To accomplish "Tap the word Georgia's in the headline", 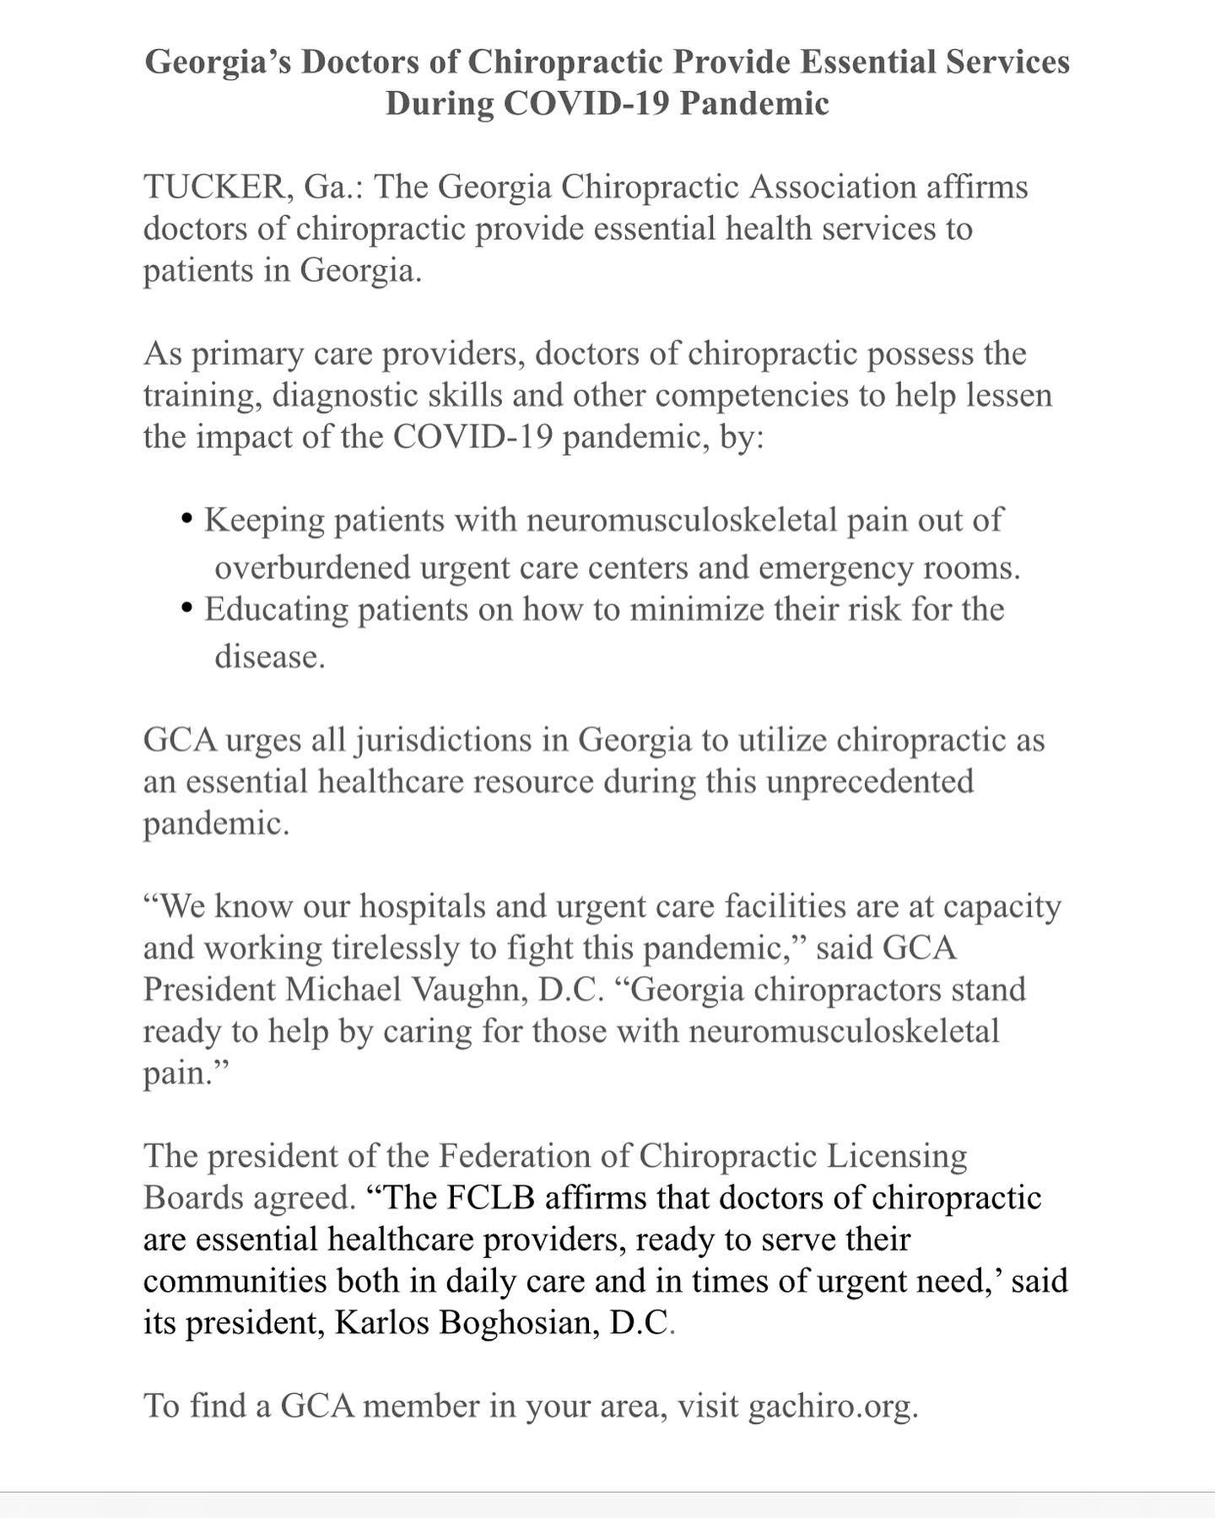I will (x=216, y=62).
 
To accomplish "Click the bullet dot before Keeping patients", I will (x=187, y=518).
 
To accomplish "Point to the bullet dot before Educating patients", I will (x=187, y=608).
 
